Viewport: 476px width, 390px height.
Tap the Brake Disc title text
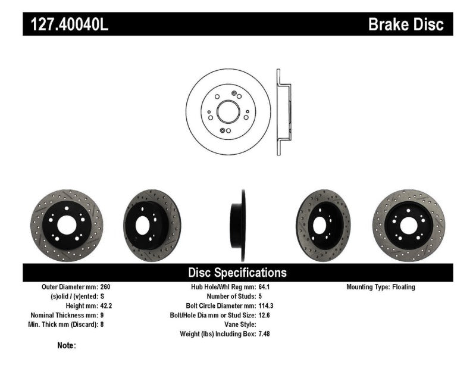(x=406, y=24)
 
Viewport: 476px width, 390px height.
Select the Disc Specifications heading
(x=237, y=273)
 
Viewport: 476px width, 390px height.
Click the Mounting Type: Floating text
(x=381, y=287)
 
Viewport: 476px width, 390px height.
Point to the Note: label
(x=67, y=345)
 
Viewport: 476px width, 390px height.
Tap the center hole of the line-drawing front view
(x=228, y=113)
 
